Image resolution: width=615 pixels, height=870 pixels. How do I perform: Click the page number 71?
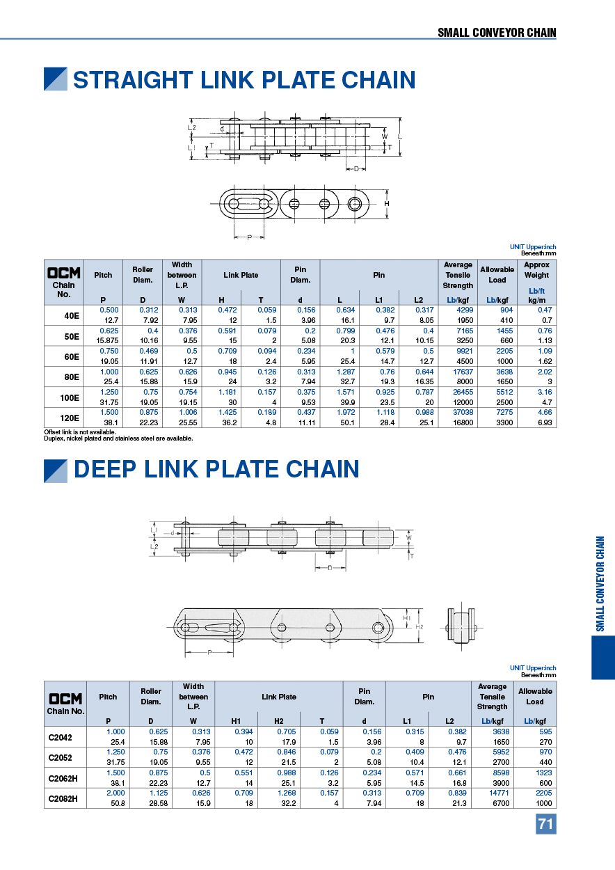pos(545,824)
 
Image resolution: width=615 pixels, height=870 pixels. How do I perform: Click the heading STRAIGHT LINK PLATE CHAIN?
pos(244,80)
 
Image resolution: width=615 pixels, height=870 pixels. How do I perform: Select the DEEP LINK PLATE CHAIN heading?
pos(216,469)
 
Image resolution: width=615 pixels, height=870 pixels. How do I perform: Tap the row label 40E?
pos(71,315)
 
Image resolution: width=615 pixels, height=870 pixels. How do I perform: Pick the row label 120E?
pos(71,418)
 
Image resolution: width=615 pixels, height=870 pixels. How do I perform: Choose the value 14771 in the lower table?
pos(492,793)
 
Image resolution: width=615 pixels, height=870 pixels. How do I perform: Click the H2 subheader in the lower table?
pos(279,720)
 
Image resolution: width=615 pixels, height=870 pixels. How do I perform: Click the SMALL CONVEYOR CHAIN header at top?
pos(497,33)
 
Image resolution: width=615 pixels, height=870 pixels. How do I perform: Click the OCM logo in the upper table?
pos(64,273)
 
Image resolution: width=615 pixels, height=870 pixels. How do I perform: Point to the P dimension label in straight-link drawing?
pos(249,237)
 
